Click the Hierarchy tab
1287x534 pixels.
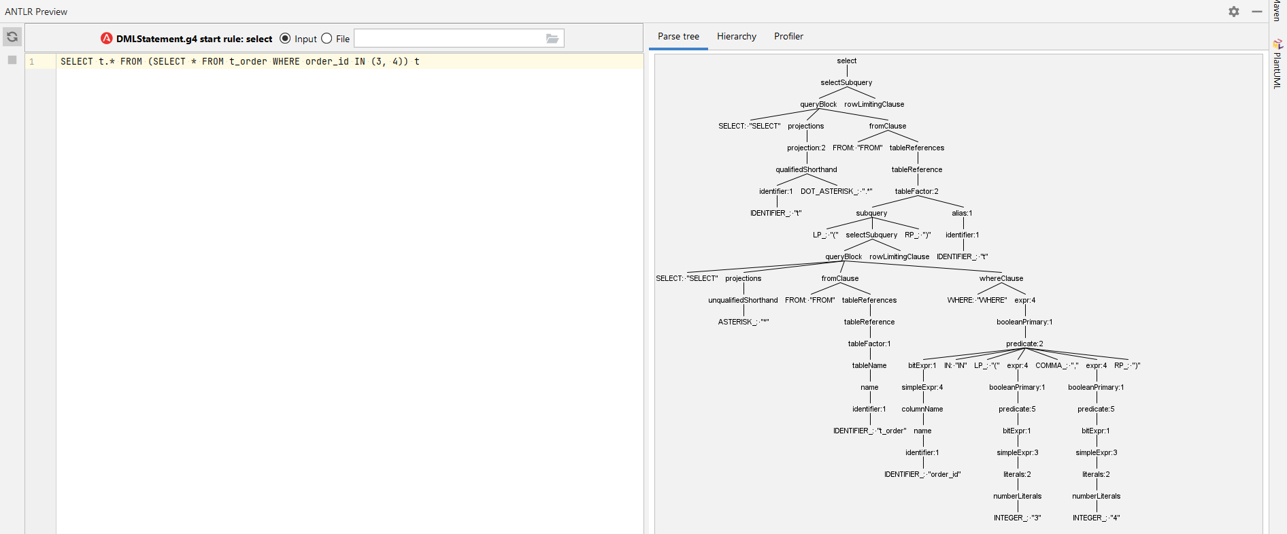(x=736, y=37)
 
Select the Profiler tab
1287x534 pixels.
(x=788, y=37)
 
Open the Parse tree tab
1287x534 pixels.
(x=678, y=37)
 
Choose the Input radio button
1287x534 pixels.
(x=285, y=39)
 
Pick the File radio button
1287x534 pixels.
(x=327, y=39)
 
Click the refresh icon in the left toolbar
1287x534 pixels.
(x=12, y=37)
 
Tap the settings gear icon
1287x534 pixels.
(x=1234, y=12)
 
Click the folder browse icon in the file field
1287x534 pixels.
(x=552, y=39)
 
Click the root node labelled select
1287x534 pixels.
(x=847, y=61)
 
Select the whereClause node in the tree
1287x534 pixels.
(x=1001, y=279)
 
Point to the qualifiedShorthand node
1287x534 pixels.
(x=806, y=170)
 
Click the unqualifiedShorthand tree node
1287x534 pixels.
(x=743, y=301)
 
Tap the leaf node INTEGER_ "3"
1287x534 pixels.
(x=1017, y=518)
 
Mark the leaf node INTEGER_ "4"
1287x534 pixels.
(x=1096, y=518)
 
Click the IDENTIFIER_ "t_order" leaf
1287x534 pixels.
(x=869, y=431)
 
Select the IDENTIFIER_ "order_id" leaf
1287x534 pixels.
(x=922, y=475)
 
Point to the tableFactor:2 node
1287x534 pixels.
(x=916, y=192)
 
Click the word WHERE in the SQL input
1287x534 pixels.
(x=286, y=62)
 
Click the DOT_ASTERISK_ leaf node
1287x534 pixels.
(x=836, y=192)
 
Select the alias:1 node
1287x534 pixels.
(x=962, y=214)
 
